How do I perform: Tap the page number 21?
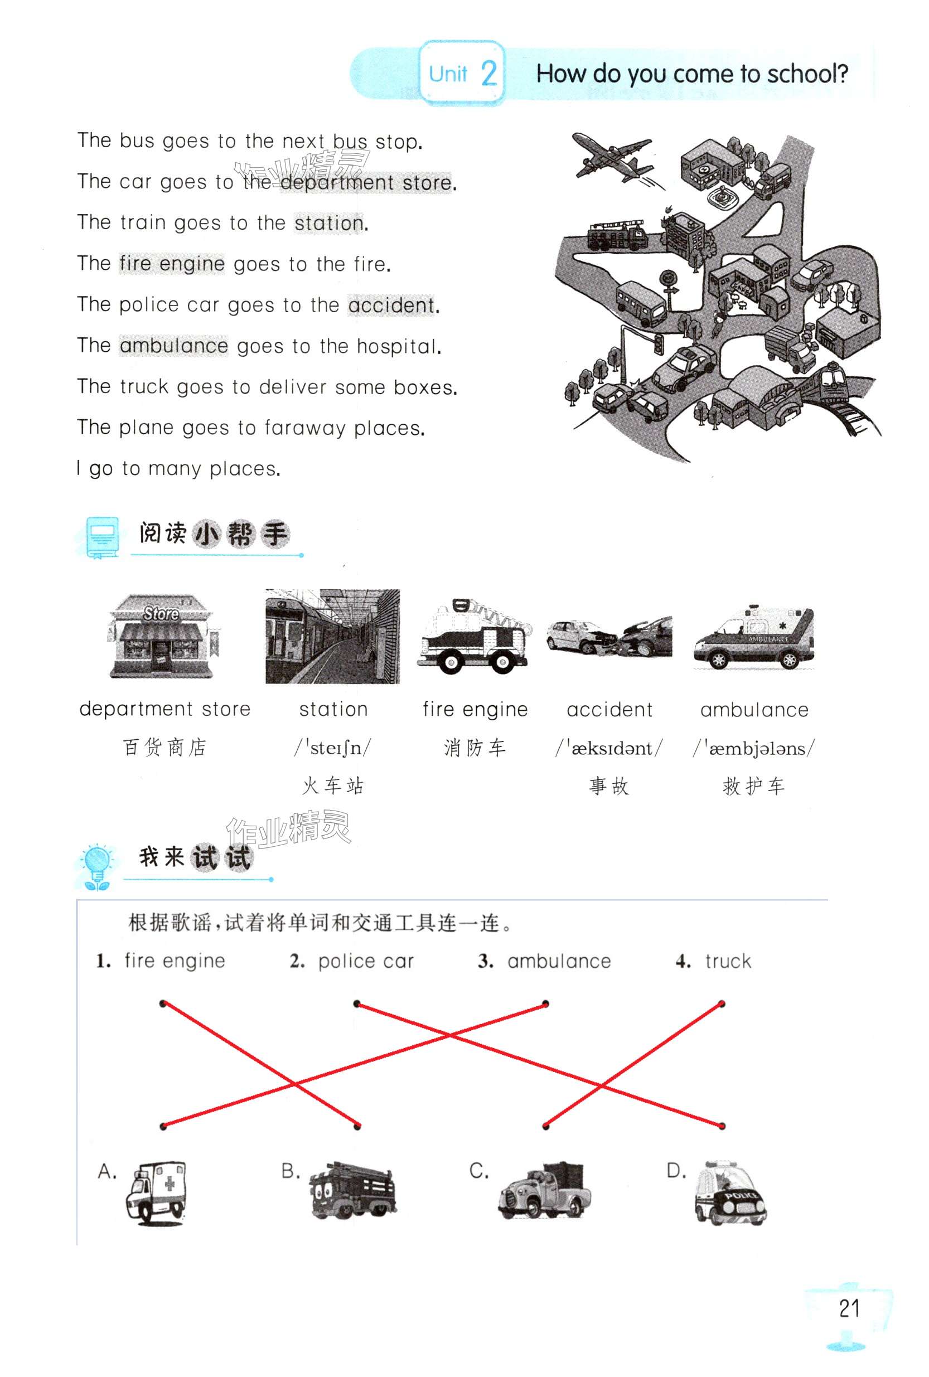(849, 1308)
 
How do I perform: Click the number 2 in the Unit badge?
(489, 74)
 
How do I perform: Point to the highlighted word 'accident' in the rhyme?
(391, 305)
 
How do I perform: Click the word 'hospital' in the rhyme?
(398, 346)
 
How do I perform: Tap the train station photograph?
(332, 636)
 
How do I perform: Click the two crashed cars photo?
(609, 637)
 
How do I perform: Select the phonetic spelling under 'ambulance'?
(754, 748)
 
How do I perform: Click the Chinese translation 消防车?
(475, 748)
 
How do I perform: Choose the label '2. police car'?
(352, 961)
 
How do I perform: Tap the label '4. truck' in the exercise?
(713, 961)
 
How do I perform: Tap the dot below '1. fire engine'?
(163, 1003)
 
